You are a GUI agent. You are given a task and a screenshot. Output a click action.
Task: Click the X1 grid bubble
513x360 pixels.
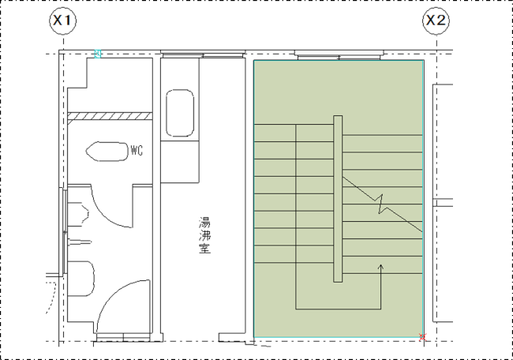[62, 21]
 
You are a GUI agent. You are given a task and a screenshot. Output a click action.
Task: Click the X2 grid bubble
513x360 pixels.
[436, 21]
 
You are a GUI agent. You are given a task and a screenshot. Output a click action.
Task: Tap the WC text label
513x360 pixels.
[137, 151]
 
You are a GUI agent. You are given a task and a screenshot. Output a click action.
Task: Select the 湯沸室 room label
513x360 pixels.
[205, 235]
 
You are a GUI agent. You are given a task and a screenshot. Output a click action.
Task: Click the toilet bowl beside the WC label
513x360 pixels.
[107, 152]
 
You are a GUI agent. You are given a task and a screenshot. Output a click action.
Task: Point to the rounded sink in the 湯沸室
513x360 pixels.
[180, 113]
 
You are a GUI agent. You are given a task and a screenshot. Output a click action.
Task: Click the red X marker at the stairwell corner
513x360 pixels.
[423, 337]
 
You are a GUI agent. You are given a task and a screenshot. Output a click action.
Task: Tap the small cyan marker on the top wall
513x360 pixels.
[98, 54]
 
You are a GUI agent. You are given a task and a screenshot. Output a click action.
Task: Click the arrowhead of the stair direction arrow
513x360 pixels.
[380, 267]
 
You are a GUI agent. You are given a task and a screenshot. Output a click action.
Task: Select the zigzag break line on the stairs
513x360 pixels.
[382, 204]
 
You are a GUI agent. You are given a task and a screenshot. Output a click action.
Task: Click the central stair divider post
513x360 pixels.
[338, 199]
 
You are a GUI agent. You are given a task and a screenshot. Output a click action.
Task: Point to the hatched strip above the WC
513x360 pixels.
[110, 116]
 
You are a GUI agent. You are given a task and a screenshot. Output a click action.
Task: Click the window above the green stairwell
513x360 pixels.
[339, 55]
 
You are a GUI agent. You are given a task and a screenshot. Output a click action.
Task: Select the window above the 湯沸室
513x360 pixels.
[203, 54]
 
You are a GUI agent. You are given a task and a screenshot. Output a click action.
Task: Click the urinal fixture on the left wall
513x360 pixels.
[78, 214]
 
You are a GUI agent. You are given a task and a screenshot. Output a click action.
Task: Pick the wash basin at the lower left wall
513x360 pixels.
[81, 279]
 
